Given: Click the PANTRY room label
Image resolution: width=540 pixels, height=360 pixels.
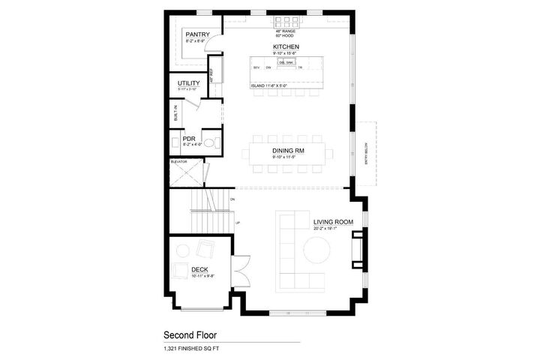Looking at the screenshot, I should tap(197, 34).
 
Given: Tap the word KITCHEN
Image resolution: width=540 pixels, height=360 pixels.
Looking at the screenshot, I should tap(286, 46).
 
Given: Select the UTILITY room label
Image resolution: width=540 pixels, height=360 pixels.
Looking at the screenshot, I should tap(188, 83).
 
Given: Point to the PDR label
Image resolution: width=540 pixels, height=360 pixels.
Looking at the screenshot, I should tap(178, 138).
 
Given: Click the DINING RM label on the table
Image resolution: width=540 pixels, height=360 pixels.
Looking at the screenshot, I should tap(287, 151).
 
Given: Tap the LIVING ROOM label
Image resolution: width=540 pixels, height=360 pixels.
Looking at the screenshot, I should tap(333, 222).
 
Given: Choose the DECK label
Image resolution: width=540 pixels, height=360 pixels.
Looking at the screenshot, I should tap(199, 269).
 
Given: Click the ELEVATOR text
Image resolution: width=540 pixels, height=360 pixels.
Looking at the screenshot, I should tap(178, 161).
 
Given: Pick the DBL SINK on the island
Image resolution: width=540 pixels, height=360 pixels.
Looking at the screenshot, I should tap(286, 63).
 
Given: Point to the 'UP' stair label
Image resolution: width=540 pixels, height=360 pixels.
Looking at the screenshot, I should tap(238, 223).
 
